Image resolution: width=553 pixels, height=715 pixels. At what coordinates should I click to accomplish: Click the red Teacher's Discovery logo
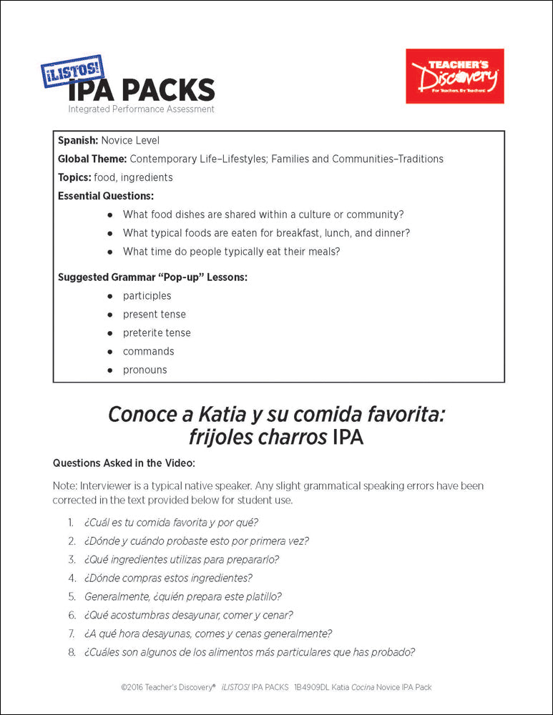pos(454,76)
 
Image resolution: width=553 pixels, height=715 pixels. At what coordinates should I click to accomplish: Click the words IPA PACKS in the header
pos(141,91)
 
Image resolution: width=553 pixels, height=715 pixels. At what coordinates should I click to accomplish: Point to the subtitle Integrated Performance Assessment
pos(141,109)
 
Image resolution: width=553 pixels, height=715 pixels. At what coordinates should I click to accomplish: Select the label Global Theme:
pos(92,159)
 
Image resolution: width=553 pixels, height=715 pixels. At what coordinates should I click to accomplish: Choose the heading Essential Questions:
pos(105,196)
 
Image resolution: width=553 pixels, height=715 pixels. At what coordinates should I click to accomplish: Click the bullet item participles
pos(147,296)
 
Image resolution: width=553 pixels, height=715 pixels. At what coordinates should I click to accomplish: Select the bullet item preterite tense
pos(157,333)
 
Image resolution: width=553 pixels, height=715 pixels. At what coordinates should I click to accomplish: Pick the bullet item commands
pos(148,352)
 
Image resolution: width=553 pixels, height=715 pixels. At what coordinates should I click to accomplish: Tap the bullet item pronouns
pos(145,370)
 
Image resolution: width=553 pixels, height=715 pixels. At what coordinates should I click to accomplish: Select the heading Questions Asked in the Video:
pos(119,463)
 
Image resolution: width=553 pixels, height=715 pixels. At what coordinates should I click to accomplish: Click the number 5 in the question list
pos(72,596)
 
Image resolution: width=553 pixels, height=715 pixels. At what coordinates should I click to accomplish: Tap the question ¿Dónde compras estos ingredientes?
pos(168,578)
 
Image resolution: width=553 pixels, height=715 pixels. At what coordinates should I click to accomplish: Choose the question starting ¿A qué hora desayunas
pos(207,633)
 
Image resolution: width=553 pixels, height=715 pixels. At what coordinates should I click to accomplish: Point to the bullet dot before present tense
pos(109,315)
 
